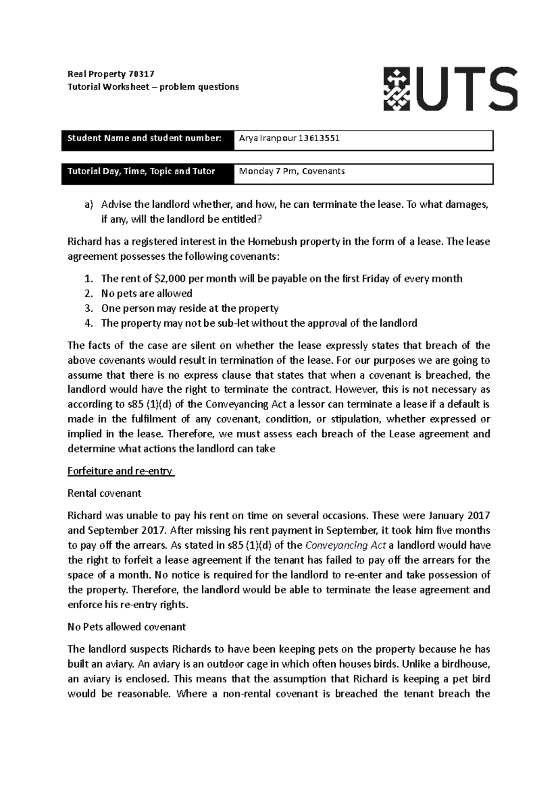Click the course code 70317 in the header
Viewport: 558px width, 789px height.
pos(141,74)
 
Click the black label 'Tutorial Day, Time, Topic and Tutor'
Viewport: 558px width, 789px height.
pos(141,171)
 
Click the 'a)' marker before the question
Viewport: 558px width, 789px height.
pos(88,204)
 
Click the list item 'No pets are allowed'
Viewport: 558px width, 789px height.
pos(146,294)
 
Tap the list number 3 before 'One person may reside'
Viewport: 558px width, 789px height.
pos(88,309)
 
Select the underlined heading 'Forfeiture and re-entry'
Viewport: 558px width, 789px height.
pos(120,471)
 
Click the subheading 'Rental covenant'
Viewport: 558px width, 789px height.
pos(104,493)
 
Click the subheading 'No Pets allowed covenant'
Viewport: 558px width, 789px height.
pos(126,627)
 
